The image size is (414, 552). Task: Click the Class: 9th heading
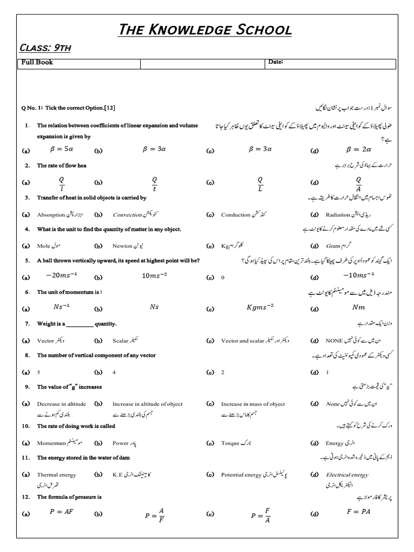[x=45, y=49]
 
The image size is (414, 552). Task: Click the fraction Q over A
[x=358, y=183]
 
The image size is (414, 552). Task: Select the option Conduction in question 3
[x=236, y=215]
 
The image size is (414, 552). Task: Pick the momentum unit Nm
[x=358, y=307]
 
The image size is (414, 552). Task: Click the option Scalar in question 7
[x=121, y=341]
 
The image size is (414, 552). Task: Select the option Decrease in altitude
[x=57, y=404]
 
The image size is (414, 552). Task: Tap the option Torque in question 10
[x=230, y=443]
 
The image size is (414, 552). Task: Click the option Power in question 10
[x=121, y=443]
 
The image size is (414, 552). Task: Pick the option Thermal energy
[x=57, y=475]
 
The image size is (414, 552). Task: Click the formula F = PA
[x=360, y=512]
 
